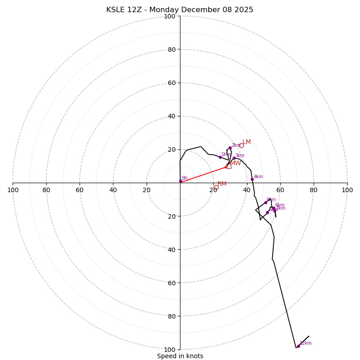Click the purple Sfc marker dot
click(180, 181)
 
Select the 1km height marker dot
click(220, 157)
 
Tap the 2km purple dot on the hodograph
click(230, 148)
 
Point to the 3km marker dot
click(234, 158)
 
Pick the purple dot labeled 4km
click(252, 179)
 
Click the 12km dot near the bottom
click(298, 346)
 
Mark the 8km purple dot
click(265, 202)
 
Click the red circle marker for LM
click(241, 145)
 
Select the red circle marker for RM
click(216, 187)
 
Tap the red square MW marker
click(229, 166)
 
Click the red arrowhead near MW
click(226, 167)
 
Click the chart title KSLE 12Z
click(180, 10)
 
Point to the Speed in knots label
click(180, 356)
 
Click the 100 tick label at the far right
click(347, 190)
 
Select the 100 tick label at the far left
click(13, 190)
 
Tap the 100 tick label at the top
click(170, 16)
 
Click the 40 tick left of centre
click(113, 190)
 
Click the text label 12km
click(306, 343)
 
